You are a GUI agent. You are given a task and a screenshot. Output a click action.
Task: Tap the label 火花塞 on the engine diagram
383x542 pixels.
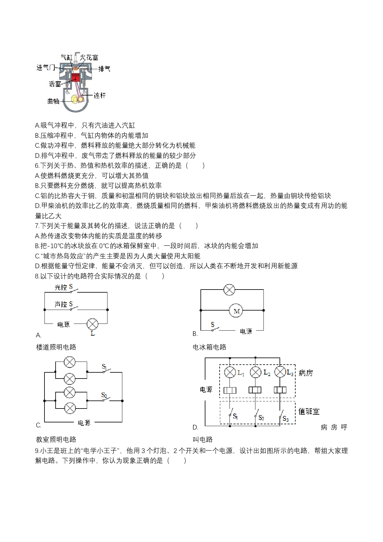pos(89,57)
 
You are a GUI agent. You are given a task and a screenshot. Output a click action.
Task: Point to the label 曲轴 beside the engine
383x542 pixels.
pos(53,101)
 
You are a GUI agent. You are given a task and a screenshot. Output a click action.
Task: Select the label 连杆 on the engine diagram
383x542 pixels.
pos(99,95)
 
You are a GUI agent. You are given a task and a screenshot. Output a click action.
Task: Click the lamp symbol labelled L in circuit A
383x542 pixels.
pos(92,324)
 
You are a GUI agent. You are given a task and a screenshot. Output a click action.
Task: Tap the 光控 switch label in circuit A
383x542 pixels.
pos(61,287)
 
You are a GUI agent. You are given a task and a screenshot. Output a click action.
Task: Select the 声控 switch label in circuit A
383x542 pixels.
pos(61,304)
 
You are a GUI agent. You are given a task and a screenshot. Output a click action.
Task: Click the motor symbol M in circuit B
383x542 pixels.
pos(237,311)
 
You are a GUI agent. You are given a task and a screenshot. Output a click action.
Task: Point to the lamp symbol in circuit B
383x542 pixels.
pos(229,290)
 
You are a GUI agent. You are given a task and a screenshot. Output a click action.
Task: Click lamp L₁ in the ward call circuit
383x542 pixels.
pos(230,372)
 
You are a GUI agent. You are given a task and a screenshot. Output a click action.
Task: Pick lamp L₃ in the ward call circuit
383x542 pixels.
pos(280,372)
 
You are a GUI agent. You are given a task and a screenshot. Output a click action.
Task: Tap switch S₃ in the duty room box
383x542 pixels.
pos(283,416)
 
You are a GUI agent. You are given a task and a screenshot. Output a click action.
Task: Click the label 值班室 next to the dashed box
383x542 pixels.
pos(309,411)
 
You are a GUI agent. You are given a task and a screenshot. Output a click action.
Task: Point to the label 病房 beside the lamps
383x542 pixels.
pos(306,373)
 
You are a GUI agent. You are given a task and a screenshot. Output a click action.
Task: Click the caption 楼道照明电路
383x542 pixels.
pos(56,347)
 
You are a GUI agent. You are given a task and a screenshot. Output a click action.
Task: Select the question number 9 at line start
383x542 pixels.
pos(37,451)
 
